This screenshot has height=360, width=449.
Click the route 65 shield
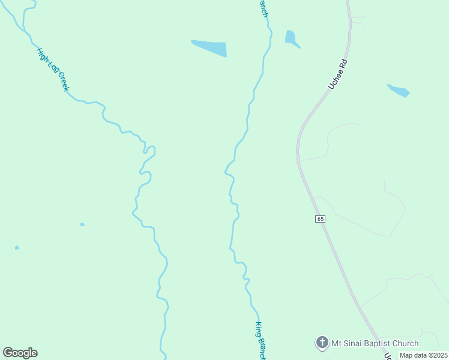click(320, 219)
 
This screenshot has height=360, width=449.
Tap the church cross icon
click(322, 343)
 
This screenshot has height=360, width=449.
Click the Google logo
click(20, 353)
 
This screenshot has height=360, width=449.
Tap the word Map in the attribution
click(407, 355)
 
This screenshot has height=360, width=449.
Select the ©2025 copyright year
click(436, 355)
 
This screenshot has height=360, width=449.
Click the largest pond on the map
click(211, 48)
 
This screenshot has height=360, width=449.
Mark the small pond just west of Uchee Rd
click(291, 38)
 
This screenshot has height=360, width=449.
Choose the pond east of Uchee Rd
click(399, 91)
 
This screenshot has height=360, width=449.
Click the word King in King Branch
click(258, 329)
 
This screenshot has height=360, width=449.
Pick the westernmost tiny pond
click(17, 247)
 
